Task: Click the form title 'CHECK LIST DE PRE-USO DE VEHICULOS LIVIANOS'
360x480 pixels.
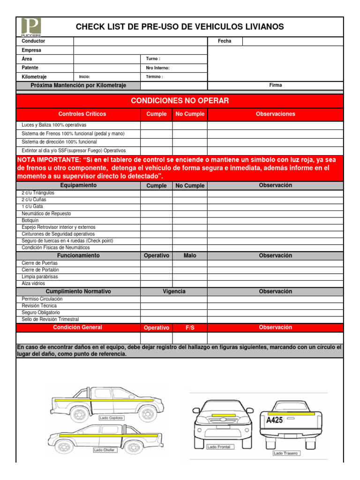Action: [x=180, y=27]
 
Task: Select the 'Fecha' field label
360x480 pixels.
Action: [x=225, y=41]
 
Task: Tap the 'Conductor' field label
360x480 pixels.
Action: [x=33, y=41]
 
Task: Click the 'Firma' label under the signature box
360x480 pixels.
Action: [x=275, y=85]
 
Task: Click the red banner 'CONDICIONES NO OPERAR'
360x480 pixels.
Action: [x=180, y=101]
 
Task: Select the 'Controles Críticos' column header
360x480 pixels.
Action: [x=82, y=114]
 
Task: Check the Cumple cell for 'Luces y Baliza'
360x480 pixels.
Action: [x=157, y=125]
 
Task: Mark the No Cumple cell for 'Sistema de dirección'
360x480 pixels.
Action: [x=190, y=142]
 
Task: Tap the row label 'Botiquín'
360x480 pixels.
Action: [x=30, y=220]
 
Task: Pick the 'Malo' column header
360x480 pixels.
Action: [x=190, y=255]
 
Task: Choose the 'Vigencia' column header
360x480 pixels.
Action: [x=174, y=292]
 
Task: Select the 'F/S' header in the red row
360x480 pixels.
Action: [x=190, y=328]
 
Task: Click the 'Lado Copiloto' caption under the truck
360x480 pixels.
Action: [x=112, y=418]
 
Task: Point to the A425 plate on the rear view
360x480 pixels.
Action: [x=274, y=420]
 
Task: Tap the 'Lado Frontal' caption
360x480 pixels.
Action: [x=219, y=447]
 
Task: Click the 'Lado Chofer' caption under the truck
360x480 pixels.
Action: [x=105, y=450]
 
